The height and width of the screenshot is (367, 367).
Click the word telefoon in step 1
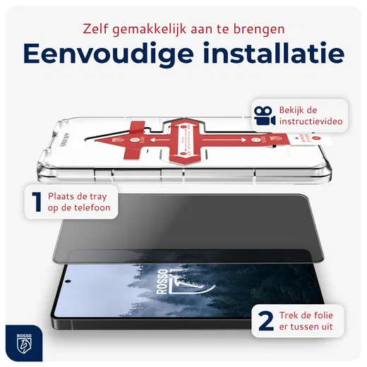92,210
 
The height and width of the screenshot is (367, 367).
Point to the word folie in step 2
340,311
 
